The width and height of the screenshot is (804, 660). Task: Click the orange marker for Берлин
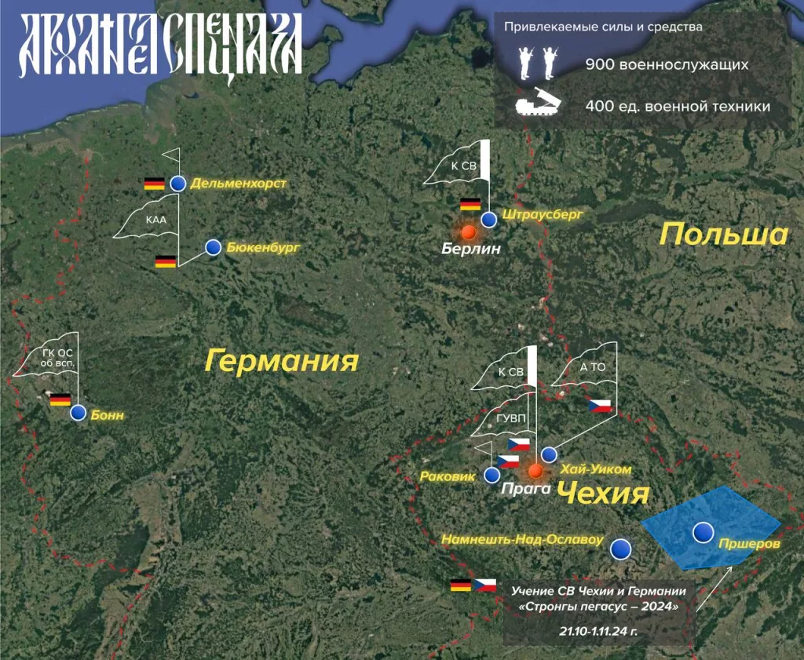[469, 232]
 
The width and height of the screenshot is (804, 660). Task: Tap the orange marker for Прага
[535, 471]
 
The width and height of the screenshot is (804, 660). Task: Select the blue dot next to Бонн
[78, 413]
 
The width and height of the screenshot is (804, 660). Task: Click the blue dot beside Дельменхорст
[178, 184]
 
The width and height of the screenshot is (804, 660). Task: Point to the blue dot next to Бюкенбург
[213, 247]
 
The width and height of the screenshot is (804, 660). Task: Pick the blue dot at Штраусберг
[488, 219]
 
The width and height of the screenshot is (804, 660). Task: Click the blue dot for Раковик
[492, 475]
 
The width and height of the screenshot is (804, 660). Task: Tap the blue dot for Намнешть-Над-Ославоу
[621, 548]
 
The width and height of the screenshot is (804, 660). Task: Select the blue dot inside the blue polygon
[703, 532]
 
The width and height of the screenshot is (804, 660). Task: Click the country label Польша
[723, 234]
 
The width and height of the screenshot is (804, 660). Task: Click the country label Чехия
[602, 494]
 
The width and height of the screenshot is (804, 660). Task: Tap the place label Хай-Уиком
[595, 469]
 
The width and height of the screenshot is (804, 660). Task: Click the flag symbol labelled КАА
[154, 219]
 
